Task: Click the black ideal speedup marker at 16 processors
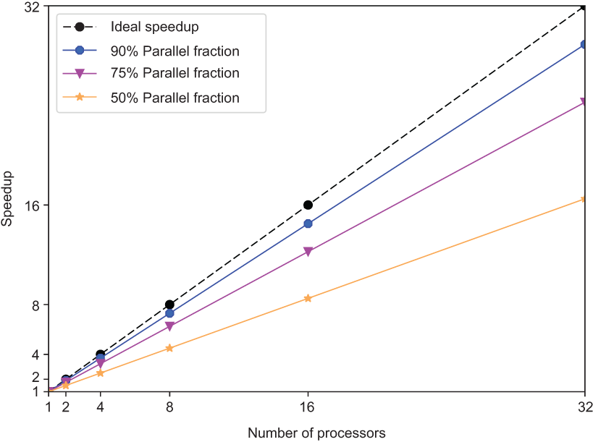coord(308,205)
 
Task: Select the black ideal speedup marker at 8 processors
coord(169,305)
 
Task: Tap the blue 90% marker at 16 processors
coord(308,224)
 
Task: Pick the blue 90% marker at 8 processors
coord(169,313)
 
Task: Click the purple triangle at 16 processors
coord(308,252)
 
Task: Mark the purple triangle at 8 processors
coord(169,326)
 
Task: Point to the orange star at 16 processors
coord(308,298)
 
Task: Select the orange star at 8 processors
coord(169,348)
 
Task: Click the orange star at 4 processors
coord(100,373)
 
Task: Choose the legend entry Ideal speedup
coord(154,27)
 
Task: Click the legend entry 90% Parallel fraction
coord(174,51)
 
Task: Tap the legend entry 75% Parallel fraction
coord(174,73)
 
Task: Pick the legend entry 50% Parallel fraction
coord(174,96)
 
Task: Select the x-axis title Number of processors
coord(316,433)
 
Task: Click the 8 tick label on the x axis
coord(169,407)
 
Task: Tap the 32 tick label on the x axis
coord(584,407)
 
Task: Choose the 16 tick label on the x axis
coord(308,407)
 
